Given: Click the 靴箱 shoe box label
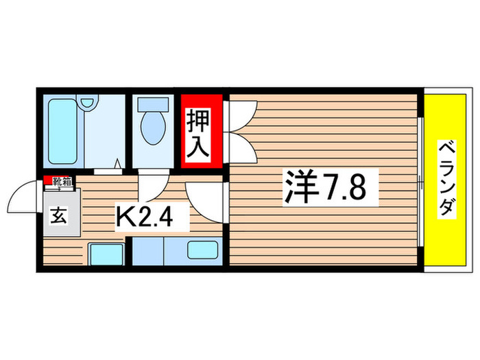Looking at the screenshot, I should (60, 181).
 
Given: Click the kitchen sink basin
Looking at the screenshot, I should (202, 250).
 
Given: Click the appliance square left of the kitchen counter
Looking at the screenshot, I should (106, 253).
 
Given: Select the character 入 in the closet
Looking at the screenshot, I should (200, 147).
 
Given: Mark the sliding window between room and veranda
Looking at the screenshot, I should (420, 180).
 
